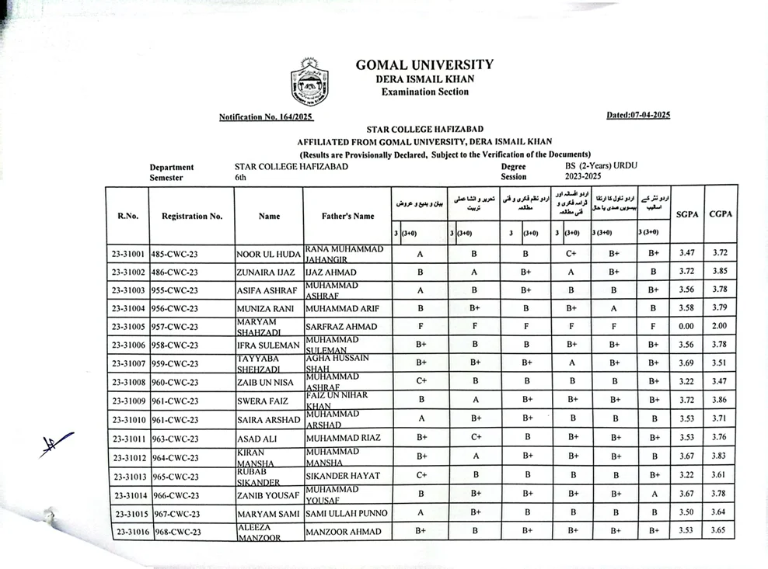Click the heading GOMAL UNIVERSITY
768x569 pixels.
coord(424,65)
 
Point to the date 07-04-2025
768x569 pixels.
coord(638,115)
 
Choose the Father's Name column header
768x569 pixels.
coord(347,216)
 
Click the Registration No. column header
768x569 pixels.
coord(192,216)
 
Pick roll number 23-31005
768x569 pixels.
coord(128,327)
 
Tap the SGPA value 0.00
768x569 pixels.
coord(686,326)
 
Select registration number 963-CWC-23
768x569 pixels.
coord(176,439)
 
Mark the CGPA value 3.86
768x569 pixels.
coord(721,400)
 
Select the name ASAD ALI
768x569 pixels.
coord(257,438)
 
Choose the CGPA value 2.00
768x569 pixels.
coord(721,326)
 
